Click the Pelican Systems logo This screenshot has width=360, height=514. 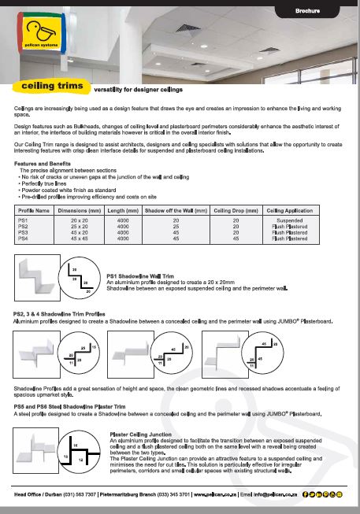41,35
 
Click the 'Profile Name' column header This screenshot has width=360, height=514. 34,210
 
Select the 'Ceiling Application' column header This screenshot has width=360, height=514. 288,210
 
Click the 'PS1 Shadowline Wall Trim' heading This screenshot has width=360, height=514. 140,298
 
